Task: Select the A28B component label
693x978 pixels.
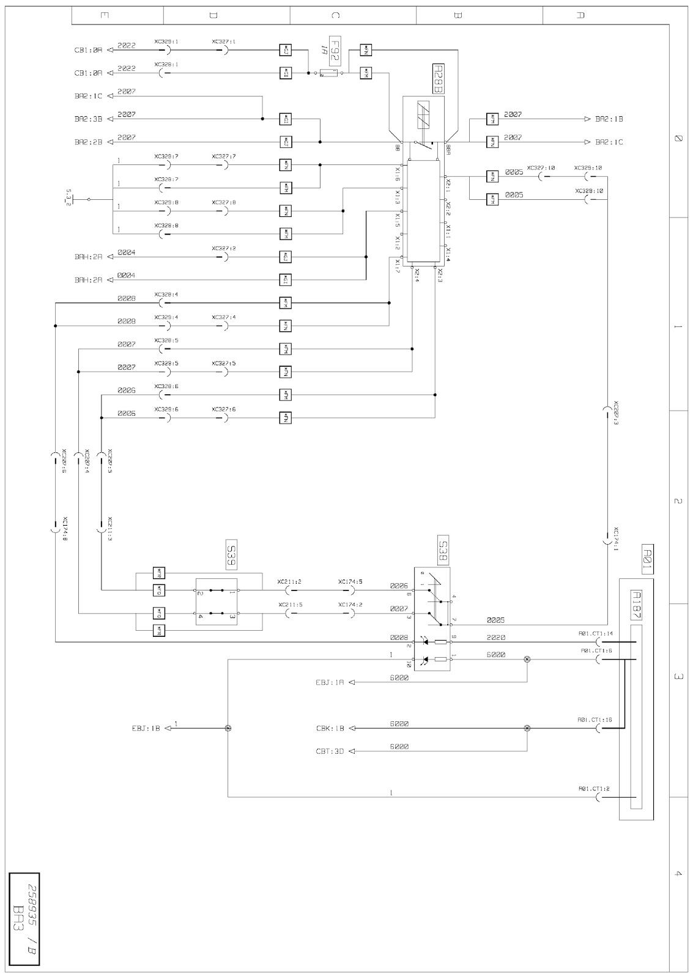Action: click(438, 79)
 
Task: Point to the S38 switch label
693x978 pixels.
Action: click(443, 550)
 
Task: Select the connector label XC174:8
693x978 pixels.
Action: click(64, 530)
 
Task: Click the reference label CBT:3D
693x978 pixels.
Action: click(331, 751)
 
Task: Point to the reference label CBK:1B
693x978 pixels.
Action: click(331, 728)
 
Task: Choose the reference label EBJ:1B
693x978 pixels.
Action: click(146, 728)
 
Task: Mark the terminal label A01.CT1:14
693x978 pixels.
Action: click(596, 634)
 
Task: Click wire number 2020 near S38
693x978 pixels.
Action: click(496, 637)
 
